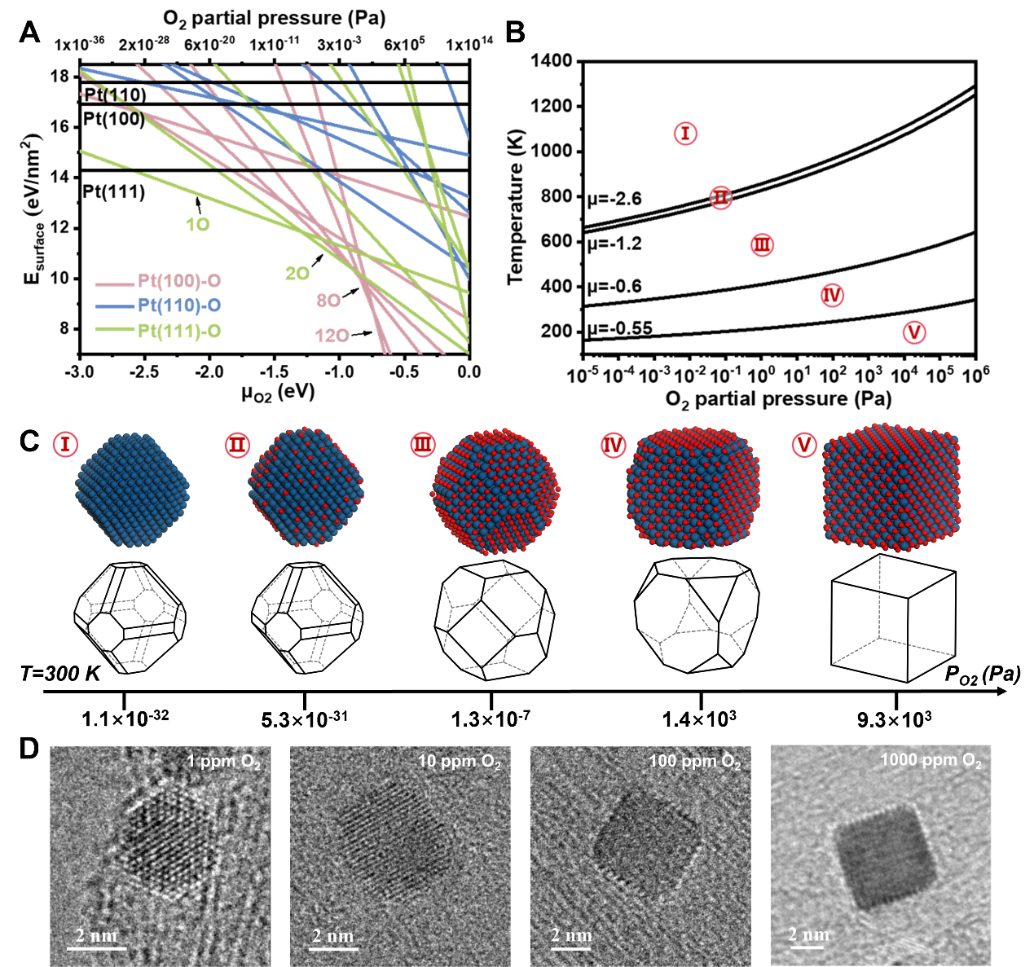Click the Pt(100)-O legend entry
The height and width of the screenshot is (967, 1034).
pyautogui.click(x=178, y=281)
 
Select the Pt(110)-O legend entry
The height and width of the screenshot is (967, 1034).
pyautogui.click(x=178, y=305)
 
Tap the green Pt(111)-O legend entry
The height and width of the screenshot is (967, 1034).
pyautogui.click(x=178, y=331)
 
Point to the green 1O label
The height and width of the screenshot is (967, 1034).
pyautogui.click(x=197, y=224)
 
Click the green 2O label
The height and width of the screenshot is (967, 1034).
pyautogui.click(x=297, y=274)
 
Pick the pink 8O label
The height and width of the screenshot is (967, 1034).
pyautogui.click(x=328, y=301)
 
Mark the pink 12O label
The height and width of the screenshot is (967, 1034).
pyautogui.click(x=332, y=336)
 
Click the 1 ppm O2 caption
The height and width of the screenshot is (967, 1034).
pyautogui.click(x=223, y=762)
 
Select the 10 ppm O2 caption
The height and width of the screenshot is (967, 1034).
pyautogui.click(x=459, y=762)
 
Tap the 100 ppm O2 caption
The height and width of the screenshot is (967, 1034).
pyautogui.click(x=694, y=762)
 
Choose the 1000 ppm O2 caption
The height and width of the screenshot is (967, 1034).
pyautogui.click(x=931, y=761)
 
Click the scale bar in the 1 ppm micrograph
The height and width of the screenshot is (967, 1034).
pyautogui.click(x=96, y=947)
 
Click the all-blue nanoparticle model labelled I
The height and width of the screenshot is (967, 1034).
pyautogui.click(x=132, y=489)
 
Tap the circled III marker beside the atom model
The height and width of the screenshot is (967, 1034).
pyautogui.click(x=423, y=445)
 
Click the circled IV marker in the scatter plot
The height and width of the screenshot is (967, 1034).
pyautogui.click(x=832, y=295)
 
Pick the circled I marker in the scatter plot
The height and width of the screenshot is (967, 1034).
pyautogui.click(x=685, y=134)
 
